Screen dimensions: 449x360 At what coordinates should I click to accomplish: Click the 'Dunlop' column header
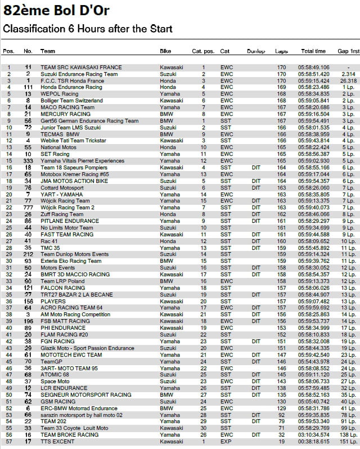(x=256, y=51)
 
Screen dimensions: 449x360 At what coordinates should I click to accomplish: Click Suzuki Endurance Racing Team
(x=79, y=74)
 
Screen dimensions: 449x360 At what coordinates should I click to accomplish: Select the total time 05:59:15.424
(x=313, y=81)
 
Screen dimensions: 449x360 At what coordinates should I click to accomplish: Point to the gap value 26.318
(x=348, y=81)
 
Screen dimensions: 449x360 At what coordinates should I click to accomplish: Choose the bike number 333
(x=28, y=160)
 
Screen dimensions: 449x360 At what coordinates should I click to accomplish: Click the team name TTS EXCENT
(x=57, y=441)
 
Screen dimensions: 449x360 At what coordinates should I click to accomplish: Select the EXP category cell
(x=226, y=441)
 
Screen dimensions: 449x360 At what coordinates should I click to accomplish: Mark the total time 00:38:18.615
(x=313, y=441)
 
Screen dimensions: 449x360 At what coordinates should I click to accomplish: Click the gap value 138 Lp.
(x=349, y=434)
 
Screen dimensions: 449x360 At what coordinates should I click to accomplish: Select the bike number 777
(x=28, y=208)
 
